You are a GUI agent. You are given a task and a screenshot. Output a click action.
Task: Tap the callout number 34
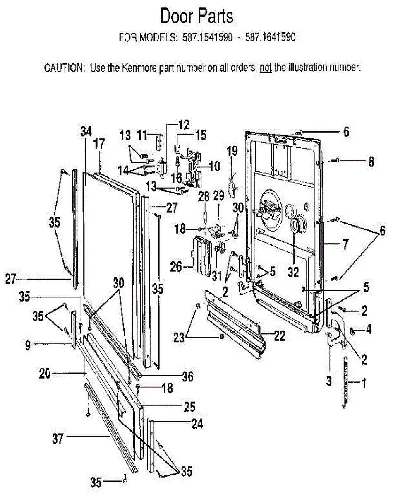(x=86, y=131)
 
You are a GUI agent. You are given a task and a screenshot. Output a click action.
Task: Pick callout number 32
(x=294, y=273)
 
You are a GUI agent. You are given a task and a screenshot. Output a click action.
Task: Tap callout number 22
(x=279, y=336)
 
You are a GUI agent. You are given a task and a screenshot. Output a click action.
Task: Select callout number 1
(x=364, y=384)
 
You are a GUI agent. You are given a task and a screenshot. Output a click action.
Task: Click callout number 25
(x=189, y=406)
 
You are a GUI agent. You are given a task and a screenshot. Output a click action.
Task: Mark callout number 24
(x=197, y=424)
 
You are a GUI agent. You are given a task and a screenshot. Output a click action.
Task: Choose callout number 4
(x=368, y=330)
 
